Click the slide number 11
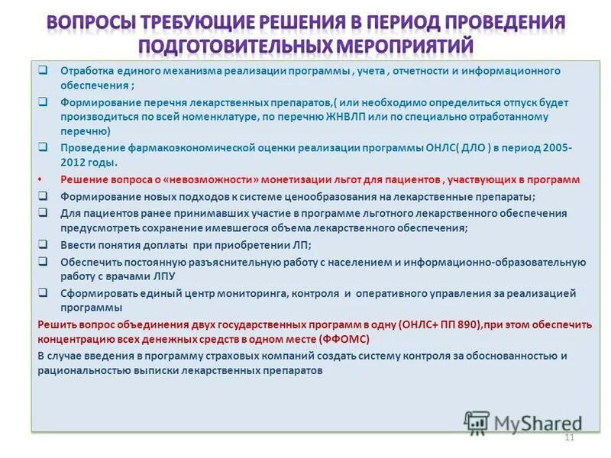[568, 437]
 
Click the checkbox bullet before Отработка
[44, 70]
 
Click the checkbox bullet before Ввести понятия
[44, 244]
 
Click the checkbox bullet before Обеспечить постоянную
[44, 261]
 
